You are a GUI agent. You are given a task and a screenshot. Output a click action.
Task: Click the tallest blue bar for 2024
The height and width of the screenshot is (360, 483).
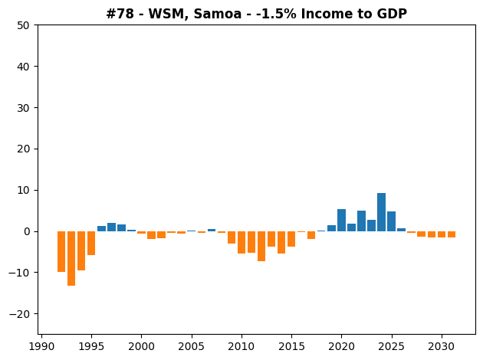tap(381, 212)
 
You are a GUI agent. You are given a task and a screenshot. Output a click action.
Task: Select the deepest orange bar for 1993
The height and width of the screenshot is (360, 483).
tap(71, 258)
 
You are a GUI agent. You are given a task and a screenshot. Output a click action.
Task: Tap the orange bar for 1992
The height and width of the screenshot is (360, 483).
tap(61, 252)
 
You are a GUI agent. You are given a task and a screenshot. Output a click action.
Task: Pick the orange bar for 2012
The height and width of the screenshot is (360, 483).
tap(261, 246)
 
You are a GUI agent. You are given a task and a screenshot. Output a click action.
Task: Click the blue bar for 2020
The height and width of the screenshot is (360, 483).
tap(341, 221)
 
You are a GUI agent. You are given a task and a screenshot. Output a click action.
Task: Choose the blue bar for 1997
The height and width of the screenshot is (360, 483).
tap(111, 227)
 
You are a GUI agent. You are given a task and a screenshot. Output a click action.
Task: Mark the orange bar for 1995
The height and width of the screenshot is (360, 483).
tap(91, 243)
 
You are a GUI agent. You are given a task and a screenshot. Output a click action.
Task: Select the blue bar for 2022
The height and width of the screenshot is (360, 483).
tap(361, 221)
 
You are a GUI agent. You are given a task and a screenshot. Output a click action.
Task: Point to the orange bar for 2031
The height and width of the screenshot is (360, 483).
tap(452, 234)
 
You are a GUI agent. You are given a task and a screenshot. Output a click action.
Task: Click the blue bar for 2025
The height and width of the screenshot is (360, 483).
tap(391, 221)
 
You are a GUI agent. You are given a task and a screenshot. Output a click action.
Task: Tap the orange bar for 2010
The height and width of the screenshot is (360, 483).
tap(242, 243)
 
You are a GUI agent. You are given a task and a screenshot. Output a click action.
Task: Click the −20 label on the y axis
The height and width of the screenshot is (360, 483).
tap(19, 314)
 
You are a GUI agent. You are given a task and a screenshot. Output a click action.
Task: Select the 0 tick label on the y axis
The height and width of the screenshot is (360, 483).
tap(27, 231)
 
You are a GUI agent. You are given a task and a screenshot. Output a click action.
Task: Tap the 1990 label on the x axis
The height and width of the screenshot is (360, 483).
tap(41, 346)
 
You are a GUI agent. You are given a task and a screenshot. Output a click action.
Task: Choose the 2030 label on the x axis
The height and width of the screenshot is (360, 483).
tap(442, 346)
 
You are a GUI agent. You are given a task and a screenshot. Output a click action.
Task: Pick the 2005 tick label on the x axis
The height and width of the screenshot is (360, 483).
tap(192, 346)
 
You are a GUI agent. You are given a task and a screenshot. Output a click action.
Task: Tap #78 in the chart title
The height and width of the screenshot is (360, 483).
tap(120, 14)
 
